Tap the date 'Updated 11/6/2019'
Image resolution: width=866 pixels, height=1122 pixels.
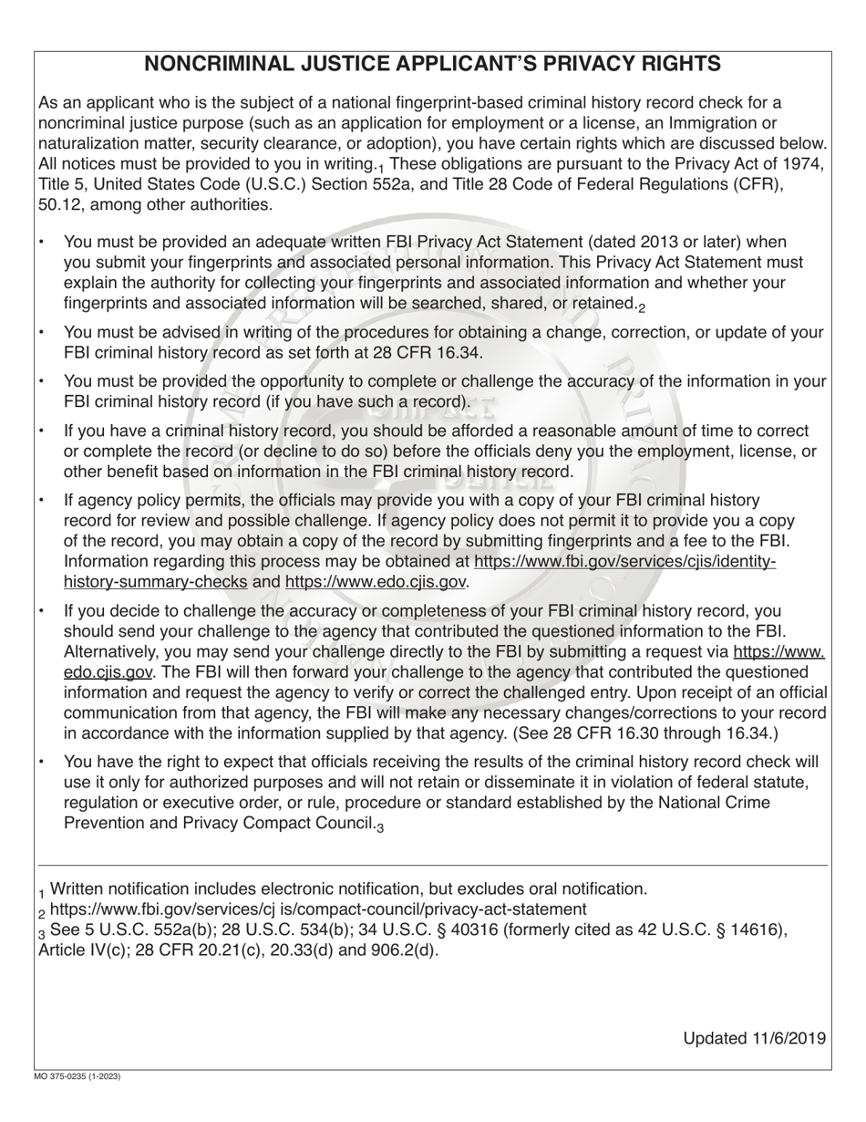(x=754, y=1038)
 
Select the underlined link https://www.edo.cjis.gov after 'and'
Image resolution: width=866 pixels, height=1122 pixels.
(x=376, y=581)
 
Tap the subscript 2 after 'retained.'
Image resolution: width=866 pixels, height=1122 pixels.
(x=642, y=308)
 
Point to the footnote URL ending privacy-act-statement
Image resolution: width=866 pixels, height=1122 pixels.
(x=318, y=909)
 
